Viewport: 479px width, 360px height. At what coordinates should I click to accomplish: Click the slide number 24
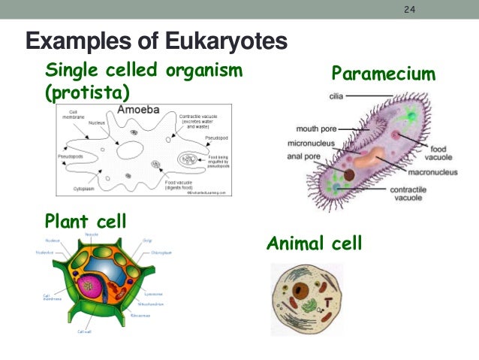coord(409,11)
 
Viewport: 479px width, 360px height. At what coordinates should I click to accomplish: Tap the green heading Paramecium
coord(383,74)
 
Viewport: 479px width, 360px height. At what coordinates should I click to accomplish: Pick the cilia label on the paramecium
coord(338,95)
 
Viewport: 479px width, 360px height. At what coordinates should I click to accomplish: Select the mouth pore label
coord(315,129)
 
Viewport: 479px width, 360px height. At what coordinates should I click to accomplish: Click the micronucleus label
coord(311,143)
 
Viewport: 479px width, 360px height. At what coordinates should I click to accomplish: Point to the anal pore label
coord(306,156)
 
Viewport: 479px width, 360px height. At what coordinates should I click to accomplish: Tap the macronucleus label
coord(430,172)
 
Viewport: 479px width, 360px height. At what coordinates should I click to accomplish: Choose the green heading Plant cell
coord(85,222)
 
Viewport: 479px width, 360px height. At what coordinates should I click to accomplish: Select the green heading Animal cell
coord(314,244)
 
